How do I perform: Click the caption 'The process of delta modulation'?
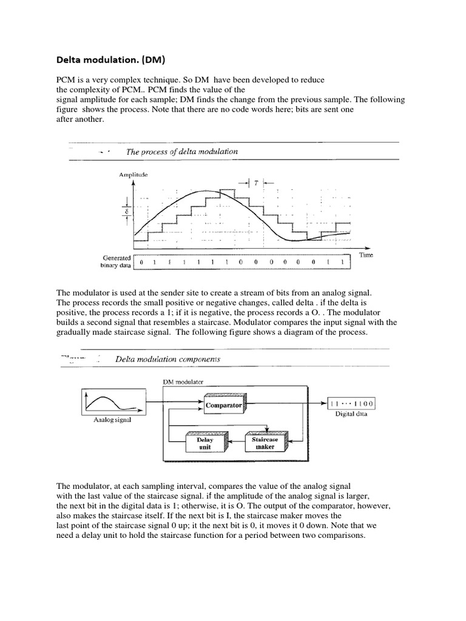tap(181, 152)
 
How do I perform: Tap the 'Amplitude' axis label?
tap(133, 175)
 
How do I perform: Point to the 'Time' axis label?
tap(366, 255)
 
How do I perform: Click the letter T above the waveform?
tap(256, 182)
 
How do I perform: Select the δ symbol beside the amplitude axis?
tap(126, 212)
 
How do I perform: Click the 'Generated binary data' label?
tap(115, 261)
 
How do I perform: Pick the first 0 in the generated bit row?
tap(142, 263)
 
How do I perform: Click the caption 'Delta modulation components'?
tap(168, 359)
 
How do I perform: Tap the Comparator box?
tap(223, 405)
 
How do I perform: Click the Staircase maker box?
tap(265, 443)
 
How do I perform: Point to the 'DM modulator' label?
tap(184, 383)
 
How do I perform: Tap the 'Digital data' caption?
tap(350, 415)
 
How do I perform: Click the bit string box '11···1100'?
tap(351, 404)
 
